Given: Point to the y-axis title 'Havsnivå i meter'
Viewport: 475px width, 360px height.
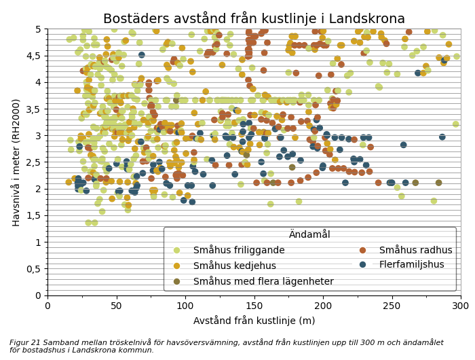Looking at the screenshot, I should (16, 162).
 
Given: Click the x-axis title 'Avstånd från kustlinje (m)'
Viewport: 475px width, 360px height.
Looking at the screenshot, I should (254, 321).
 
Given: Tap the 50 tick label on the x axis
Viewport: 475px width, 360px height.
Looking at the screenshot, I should (116, 307).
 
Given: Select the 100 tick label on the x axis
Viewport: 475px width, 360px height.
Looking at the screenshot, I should (185, 307).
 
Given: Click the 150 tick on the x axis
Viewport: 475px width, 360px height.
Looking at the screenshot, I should (254, 307).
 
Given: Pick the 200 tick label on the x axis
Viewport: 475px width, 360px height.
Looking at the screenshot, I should (323, 307).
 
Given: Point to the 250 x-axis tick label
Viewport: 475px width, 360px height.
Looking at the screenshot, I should (392, 307).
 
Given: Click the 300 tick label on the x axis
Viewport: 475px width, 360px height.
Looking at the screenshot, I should (461, 307).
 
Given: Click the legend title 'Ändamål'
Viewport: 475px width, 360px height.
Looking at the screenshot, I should (309, 235).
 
